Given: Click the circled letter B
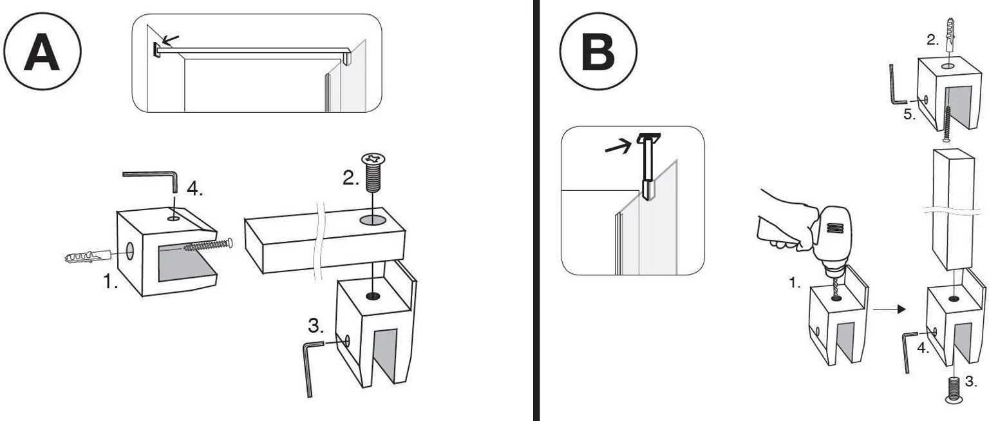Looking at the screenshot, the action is [x=599, y=52].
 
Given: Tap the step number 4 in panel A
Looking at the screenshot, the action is [x=194, y=189].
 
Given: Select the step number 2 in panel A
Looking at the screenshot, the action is [x=351, y=178].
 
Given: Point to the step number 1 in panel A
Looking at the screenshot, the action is [x=110, y=281].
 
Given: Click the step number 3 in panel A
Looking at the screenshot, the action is [x=316, y=326].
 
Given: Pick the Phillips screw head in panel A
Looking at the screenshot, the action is [x=373, y=159].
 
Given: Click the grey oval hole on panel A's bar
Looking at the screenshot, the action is [x=373, y=219].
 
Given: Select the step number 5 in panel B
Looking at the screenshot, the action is [x=909, y=115].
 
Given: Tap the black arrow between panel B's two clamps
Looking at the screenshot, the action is [x=889, y=309].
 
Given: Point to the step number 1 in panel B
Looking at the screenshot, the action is [x=795, y=283].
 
